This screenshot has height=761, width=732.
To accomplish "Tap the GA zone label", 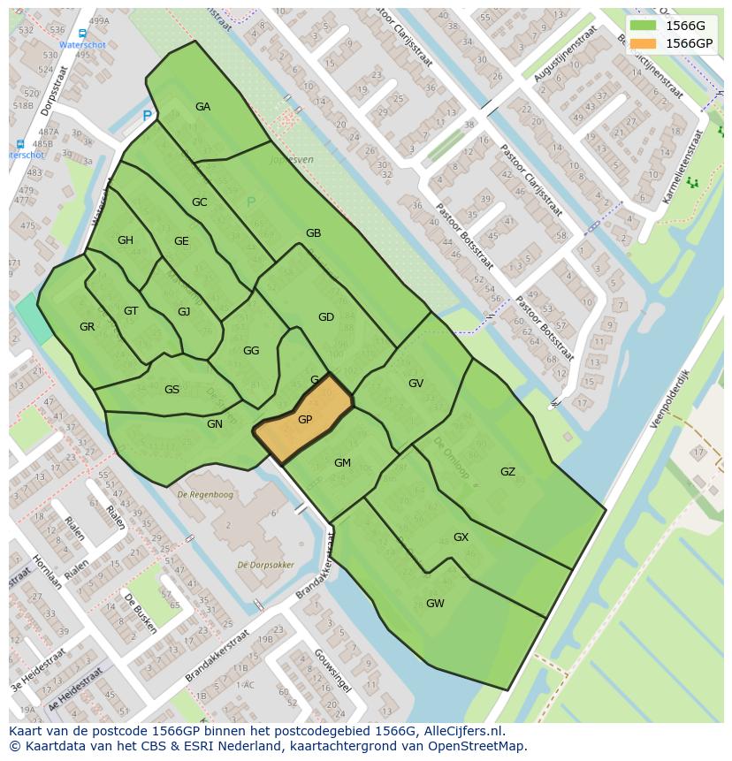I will tap(202, 107).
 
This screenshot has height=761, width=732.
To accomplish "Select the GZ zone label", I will tap(507, 472).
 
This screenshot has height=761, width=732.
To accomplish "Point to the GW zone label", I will tap(435, 604).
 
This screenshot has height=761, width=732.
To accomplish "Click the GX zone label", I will tap(461, 537).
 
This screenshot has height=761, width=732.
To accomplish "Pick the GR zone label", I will tap(87, 327).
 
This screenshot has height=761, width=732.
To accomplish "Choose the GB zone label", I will tap(313, 233).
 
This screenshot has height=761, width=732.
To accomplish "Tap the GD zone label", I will tap(325, 317).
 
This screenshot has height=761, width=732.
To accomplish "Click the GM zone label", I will tap(342, 463).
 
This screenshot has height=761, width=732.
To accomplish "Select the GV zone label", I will tap(416, 384).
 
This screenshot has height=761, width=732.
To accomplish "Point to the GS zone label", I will tap(172, 390).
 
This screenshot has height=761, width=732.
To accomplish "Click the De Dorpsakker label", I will tap(266, 565).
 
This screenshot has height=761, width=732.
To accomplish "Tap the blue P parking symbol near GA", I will tap(147, 116).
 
